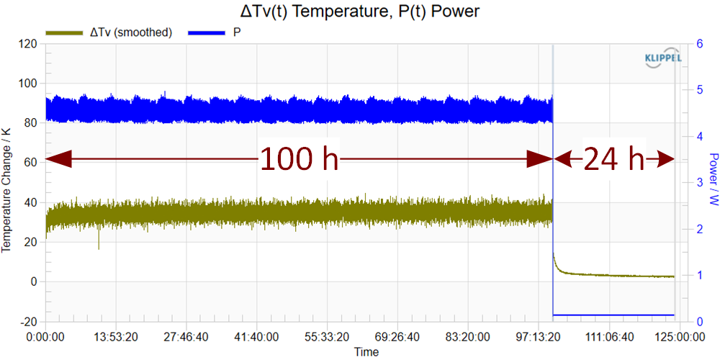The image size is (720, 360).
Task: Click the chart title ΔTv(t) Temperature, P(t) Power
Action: pyautogui.click(x=359, y=12)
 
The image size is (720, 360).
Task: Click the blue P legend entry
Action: pyautogui.click(x=216, y=32)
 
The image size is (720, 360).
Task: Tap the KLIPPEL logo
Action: pyautogui.click(x=660, y=60)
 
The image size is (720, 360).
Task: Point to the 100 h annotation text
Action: pyautogui.click(x=299, y=159)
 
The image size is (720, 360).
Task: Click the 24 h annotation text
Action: pyautogui.click(x=614, y=159)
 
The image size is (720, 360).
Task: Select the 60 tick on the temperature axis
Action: pyautogui.click(x=30, y=163)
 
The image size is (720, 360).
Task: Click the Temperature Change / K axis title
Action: pyautogui.click(x=8, y=183)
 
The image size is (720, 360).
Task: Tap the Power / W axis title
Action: pyautogui.click(x=713, y=183)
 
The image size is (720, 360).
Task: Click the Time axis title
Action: pyautogui.click(x=366, y=352)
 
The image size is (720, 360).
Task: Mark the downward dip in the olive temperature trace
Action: pyautogui.click(x=99, y=243)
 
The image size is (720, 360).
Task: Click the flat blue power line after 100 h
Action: pyautogui.click(x=612, y=315)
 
